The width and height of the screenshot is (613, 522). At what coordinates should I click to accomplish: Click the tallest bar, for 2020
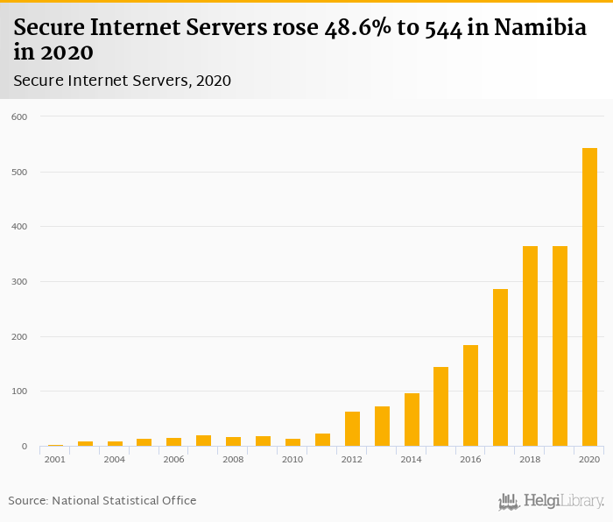click(589, 298)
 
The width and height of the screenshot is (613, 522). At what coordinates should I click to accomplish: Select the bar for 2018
click(530, 346)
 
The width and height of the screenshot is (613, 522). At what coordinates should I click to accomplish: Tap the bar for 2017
click(500, 368)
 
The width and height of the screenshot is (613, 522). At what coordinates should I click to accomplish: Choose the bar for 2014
click(412, 420)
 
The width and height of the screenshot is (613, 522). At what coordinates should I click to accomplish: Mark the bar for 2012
click(352, 428)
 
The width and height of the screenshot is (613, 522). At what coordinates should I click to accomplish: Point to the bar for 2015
click(440, 406)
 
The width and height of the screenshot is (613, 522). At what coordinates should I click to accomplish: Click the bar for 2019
click(560, 346)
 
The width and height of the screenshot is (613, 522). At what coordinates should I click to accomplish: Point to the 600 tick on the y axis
click(19, 116)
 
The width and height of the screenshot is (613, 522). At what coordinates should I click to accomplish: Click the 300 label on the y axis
click(19, 282)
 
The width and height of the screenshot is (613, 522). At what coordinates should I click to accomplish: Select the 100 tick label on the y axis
click(19, 391)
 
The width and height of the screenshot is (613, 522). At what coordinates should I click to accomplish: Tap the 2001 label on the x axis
click(54, 460)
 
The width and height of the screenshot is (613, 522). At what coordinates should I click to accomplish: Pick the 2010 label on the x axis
click(292, 460)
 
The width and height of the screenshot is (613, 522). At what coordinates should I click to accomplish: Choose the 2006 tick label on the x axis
click(173, 460)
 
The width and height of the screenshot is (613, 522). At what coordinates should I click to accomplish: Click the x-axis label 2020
click(589, 460)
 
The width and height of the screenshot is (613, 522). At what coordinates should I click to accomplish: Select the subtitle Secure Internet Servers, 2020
click(122, 81)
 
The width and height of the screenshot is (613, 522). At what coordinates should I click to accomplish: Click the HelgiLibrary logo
click(552, 501)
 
